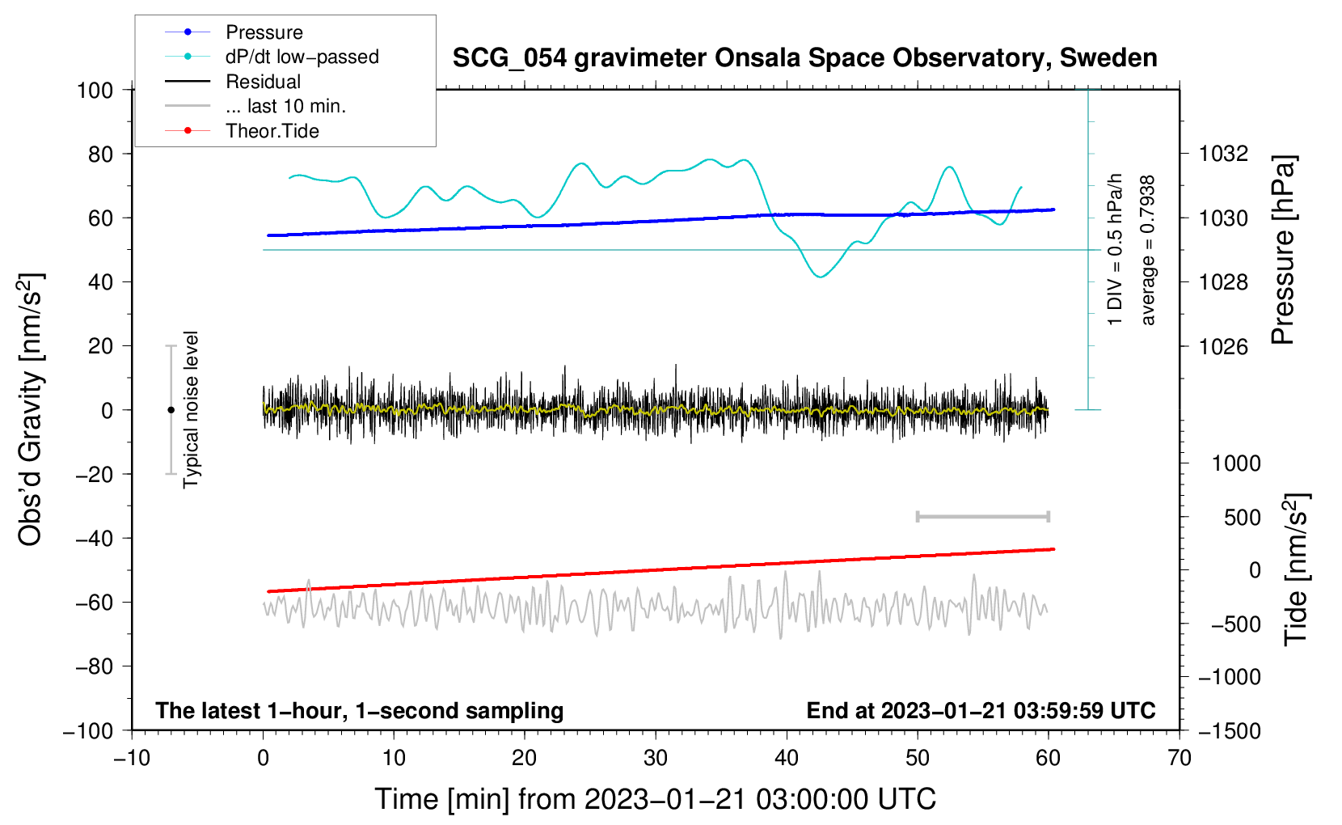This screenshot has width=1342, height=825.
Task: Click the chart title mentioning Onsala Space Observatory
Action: (804, 58)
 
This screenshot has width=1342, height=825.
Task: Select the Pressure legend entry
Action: (264, 32)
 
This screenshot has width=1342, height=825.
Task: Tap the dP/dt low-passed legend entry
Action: (302, 57)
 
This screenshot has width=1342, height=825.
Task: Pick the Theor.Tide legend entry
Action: (272, 131)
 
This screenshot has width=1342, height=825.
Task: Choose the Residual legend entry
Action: (263, 82)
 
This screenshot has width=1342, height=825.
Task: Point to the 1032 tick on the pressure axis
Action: (1223, 154)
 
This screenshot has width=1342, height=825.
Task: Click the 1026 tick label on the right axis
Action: (1223, 347)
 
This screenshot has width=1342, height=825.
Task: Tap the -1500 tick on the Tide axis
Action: (1229, 731)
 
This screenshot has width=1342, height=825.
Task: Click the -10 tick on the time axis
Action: (132, 758)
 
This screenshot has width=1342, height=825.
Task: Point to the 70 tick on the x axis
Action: (1180, 758)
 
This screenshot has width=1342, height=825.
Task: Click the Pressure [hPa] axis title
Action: (1284, 251)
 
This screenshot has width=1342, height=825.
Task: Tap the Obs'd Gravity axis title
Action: (31, 409)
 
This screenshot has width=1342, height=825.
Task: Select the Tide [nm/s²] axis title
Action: (1297, 569)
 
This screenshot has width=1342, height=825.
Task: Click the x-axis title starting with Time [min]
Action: (655, 799)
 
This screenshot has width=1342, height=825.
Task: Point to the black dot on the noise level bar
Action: (171, 410)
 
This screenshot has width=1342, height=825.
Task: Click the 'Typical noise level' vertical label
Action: (191, 409)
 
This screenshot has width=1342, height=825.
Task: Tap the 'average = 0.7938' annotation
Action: (1148, 251)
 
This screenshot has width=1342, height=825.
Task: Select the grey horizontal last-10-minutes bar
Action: (982, 517)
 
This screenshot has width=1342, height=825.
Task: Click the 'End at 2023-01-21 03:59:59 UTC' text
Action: (981, 711)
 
